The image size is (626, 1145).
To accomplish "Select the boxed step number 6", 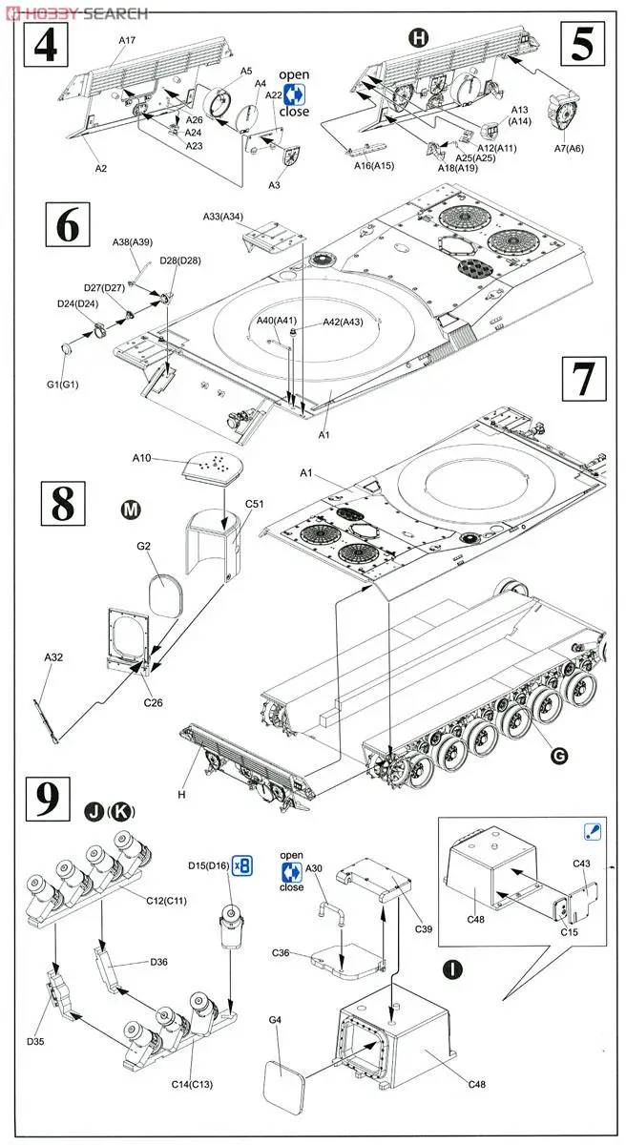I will pyautogui.click(x=67, y=229).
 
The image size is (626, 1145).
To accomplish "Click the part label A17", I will pyautogui.click(x=129, y=40).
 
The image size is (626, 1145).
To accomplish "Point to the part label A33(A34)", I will pyautogui.click(x=222, y=216).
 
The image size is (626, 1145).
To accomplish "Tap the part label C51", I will pyautogui.click(x=255, y=502).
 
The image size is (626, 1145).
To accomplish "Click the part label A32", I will pyautogui.click(x=53, y=657).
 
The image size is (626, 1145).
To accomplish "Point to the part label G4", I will pyautogui.click(x=275, y=1021).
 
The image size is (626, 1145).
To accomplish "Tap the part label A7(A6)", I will pyautogui.click(x=569, y=149).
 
